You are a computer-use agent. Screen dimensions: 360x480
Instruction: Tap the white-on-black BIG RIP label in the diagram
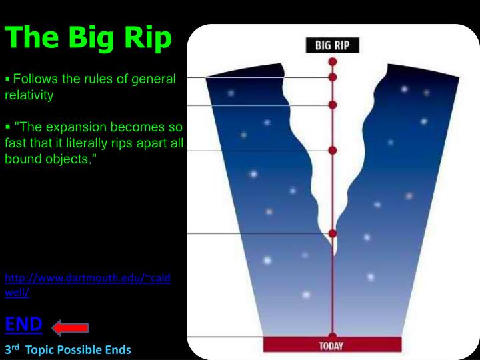coord(332,46)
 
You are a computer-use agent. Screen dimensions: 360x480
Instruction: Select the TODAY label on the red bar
coord(332,345)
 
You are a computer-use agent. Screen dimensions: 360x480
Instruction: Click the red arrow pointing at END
coord(70,327)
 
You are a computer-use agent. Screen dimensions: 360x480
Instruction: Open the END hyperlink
coord(24,325)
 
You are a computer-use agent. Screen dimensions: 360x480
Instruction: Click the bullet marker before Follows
coord(8,79)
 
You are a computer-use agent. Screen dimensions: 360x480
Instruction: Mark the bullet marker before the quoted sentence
coord(8,127)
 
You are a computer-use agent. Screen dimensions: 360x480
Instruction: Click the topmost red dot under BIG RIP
coord(332,61)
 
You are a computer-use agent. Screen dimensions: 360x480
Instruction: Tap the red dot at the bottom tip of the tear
coord(332,233)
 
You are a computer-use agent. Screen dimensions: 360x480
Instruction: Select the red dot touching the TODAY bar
coord(332,336)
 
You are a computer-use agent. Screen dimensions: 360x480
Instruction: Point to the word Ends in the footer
coord(117,349)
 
